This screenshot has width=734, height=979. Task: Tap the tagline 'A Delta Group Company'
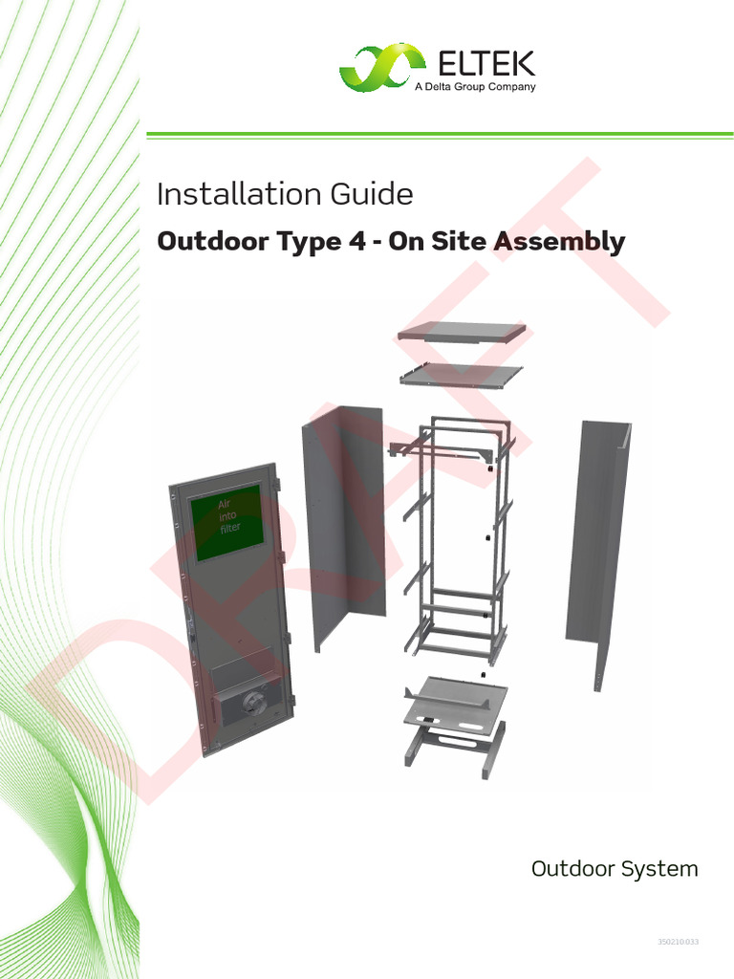tap(474, 87)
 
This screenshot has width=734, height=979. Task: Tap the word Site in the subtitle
tap(458, 242)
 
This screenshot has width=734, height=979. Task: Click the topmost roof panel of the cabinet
tap(462, 333)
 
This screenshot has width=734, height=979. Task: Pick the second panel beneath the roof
tap(462, 374)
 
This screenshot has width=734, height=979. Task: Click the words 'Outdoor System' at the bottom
tap(615, 869)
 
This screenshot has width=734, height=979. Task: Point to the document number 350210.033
tap(679, 943)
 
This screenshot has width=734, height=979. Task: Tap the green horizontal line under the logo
tap(440, 135)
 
